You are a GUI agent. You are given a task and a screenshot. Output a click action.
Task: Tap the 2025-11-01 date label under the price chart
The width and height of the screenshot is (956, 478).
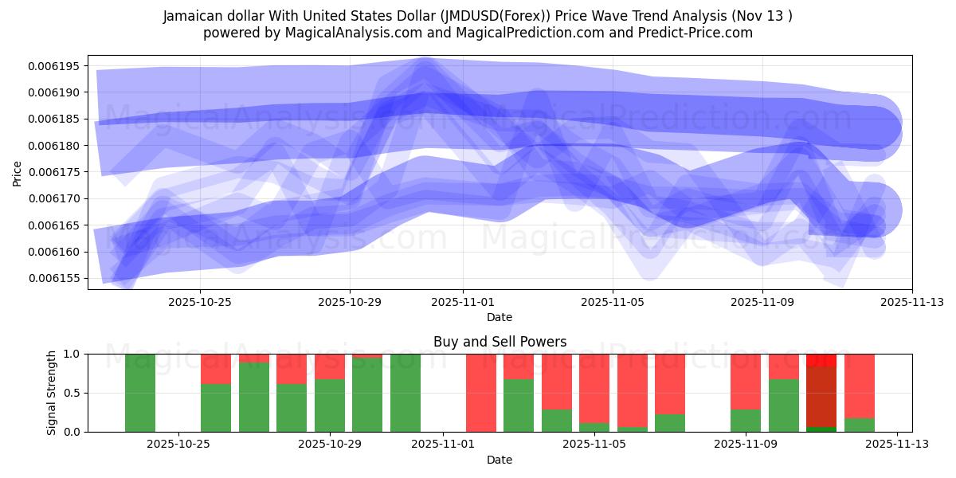click(462, 303)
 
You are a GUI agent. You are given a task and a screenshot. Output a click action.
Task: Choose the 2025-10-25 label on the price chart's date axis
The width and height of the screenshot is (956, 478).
click(199, 303)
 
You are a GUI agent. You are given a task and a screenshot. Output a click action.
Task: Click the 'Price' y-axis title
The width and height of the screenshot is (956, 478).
click(18, 172)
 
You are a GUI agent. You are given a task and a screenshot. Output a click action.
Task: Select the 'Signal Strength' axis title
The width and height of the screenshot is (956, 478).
click(52, 392)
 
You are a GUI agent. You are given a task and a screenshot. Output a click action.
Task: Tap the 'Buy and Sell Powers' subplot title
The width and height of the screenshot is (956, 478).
click(500, 342)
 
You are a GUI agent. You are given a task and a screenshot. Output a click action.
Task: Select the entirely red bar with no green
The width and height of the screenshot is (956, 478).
click(481, 392)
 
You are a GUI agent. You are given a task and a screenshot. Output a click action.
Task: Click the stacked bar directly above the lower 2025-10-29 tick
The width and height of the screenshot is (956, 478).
click(329, 392)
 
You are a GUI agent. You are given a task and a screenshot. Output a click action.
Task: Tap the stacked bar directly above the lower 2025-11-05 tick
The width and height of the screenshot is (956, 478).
click(594, 392)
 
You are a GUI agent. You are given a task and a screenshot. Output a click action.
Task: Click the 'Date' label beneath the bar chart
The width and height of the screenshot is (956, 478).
click(500, 460)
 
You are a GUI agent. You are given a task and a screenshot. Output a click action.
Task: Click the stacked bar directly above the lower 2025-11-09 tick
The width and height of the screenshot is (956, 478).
click(746, 392)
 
